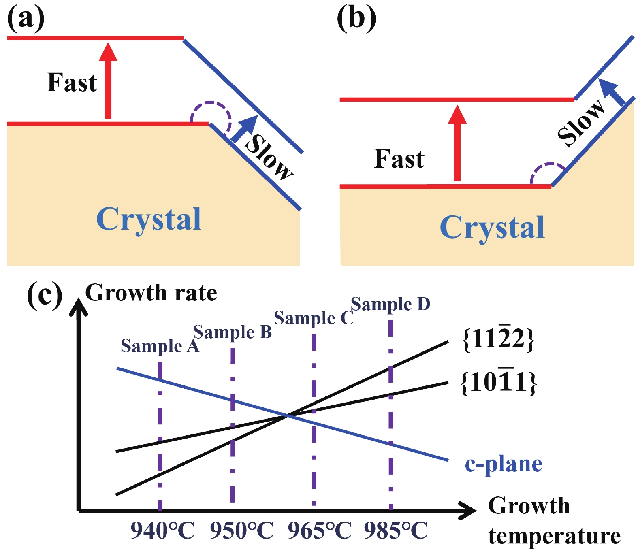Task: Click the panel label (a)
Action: click(26, 19)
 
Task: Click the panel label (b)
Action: click(356, 19)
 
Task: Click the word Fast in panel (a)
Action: click(72, 83)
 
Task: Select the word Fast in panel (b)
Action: click(399, 159)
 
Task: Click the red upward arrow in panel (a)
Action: click(108, 81)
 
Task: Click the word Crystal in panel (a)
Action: click(149, 219)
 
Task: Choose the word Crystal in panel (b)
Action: click(492, 227)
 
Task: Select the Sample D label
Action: click(390, 304)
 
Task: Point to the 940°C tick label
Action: click(162, 530)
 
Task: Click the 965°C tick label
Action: click(320, 530)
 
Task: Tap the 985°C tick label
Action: click(396, 530)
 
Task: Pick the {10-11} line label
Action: click(499, 382)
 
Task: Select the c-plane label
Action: click(504, 464)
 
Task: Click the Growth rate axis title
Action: click(151, 293)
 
